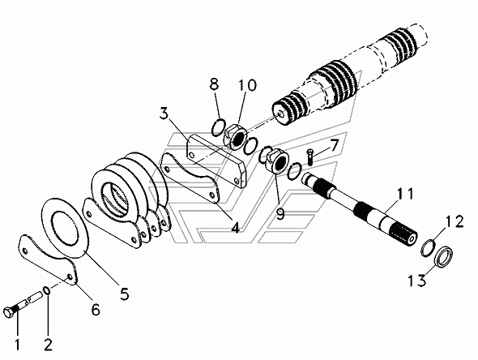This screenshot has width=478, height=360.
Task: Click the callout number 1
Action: point(17,344)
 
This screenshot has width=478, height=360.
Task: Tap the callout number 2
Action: point(48,344)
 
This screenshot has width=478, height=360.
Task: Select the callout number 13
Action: point(417,280)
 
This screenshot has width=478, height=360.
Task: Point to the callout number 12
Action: point(455,221)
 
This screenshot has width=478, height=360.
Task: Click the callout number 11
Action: point(405,194)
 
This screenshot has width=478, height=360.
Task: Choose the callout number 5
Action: point(124,294)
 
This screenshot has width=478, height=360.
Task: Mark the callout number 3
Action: point(164,114)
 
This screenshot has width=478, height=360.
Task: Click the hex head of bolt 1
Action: point(9,313)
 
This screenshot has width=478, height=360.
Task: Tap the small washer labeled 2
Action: point(47,290)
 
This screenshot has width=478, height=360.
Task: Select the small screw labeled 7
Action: point(310,156)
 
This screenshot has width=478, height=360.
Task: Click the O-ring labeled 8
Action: point(218,128)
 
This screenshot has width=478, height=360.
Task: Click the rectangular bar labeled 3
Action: point(217,161)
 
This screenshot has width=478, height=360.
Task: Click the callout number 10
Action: point(247,85)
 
